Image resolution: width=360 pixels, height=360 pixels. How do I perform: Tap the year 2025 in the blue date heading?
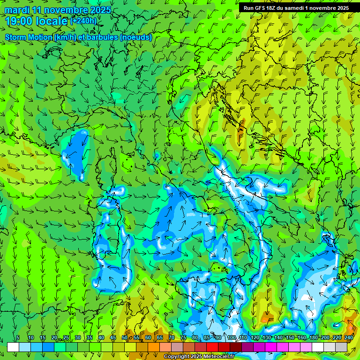coord(98,10)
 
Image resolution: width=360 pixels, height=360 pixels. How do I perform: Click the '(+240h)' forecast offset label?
coord(83,21)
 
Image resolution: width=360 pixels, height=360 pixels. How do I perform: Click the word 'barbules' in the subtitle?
coord(103,37)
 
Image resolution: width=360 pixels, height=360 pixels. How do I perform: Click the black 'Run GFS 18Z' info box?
coord(296,8)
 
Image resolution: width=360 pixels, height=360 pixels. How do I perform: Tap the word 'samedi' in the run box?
coord(298,8)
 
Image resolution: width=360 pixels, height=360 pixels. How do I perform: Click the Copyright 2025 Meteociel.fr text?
coord(199,357)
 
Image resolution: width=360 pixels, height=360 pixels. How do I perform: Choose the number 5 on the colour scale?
coord(18,337)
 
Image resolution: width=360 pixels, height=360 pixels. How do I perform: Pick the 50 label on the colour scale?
coord(124,337)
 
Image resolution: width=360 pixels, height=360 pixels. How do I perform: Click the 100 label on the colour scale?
coord(231,337)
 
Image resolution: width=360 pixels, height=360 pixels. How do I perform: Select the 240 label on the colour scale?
coord(348,337)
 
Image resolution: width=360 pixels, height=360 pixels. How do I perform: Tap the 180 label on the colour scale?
coord(313,337)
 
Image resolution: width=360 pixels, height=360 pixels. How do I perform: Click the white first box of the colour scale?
coord(13,347)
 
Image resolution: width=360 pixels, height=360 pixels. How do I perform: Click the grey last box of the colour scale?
coord(341,347)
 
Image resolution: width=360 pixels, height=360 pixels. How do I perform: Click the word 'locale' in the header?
coord(53,21)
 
